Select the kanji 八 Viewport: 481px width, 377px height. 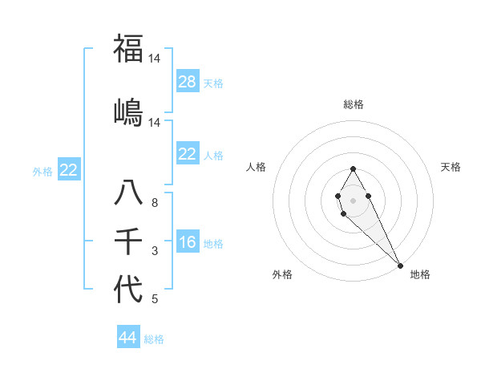pyautogui.click(x=128, y=193)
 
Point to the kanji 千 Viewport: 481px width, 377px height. pyautogui.click(x=128, y=241)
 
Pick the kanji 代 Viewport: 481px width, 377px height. pyautogui.click(x=128, y=289)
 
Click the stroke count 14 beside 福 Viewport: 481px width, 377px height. pyautogui.click(x=155, y=59)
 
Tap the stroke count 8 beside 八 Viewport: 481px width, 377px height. pyautogui.click(x=155, y=204)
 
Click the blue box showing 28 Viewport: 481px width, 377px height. pyautogui.click(x=188, y=82)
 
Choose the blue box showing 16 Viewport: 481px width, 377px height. pyautogui.click(x=188, y=242)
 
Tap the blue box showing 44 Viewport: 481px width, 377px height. pyautogui.click(x=127, y=338)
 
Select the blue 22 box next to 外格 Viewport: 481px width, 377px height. pyautogui.click(x=69, y=169)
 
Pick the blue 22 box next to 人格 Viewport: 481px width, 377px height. pyautogui.click(x=188, y=154)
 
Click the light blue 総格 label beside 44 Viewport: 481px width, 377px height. pyautogui.click(x=154, y=339)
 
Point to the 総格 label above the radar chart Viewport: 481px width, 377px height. pyautogui.click(x=354, y=104)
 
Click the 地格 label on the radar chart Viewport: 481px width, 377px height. pyautogui.click(x=420, y=274)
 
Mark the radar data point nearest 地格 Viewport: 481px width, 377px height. pyautogui.click(x=400, y=266)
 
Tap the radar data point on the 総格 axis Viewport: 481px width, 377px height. pyautogui.click(x=353, y=168)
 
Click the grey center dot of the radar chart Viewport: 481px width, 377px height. pyautogui.click(x=353, y=199)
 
